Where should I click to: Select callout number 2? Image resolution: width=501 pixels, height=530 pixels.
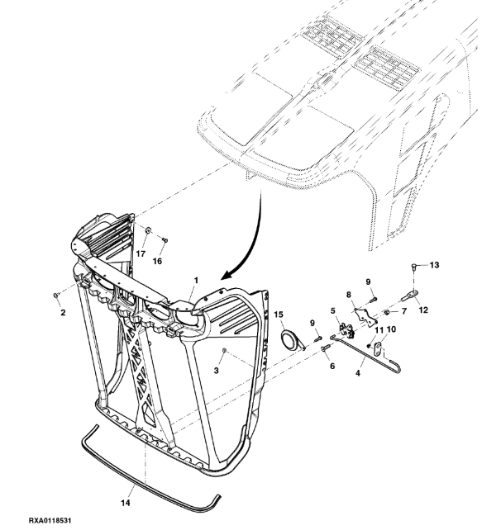(61, 313)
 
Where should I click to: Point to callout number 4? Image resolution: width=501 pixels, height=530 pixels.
(358, 374)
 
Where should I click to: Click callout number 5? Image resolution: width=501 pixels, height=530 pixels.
(332, 311)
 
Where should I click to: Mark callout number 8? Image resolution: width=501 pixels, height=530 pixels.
(349, 295)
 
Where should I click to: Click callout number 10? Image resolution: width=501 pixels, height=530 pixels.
(391, 329)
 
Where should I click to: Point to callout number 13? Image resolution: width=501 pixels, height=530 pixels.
(435, 265)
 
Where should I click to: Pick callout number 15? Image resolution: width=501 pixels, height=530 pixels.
(279, 315)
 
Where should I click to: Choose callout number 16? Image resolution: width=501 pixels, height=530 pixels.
(158, 261)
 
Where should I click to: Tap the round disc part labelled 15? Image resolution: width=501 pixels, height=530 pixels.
(290, 340)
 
